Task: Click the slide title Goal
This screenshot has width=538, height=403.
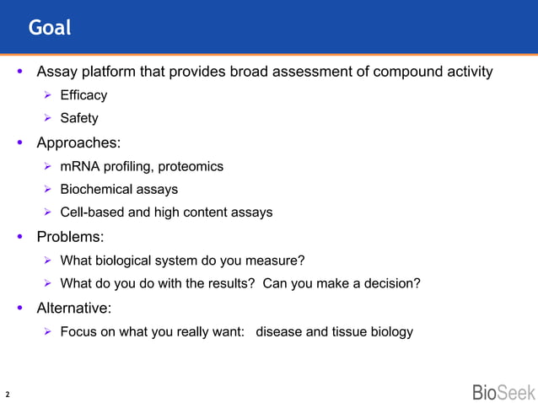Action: (50, 28)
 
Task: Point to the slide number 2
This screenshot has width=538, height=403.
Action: (8, 394)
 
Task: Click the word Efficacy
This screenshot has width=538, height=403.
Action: (83, 96)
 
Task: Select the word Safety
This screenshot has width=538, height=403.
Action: (79, 119)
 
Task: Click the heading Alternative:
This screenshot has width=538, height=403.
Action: (74, 308)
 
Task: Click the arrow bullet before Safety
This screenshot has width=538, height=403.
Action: (48, 119)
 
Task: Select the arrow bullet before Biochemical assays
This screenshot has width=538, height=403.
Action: (48, 190)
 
